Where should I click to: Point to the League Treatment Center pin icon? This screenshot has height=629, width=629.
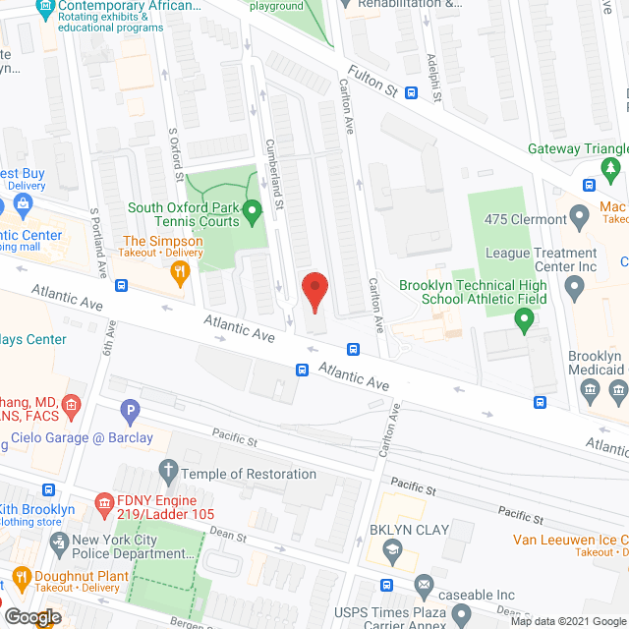576,287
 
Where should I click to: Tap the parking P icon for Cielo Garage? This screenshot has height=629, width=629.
129,412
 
